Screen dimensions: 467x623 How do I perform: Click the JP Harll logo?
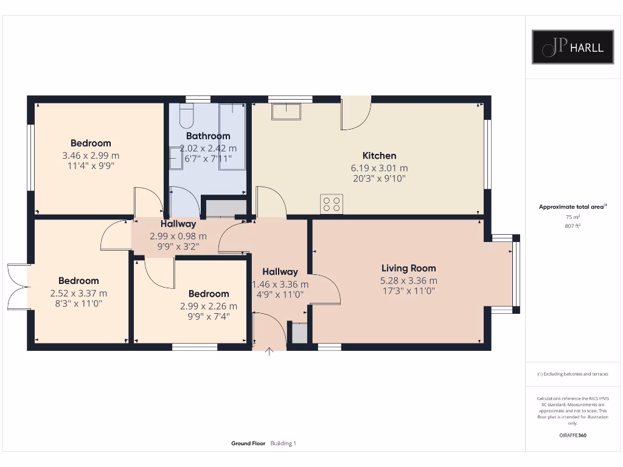point(573,47)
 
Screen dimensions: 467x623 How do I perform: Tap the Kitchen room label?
point(379,156)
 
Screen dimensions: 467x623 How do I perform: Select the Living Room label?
point(408,268)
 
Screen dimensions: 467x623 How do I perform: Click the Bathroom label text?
point(208,136)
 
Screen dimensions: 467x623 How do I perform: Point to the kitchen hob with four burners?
point(332,204)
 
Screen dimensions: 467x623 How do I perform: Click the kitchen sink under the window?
point(286,112)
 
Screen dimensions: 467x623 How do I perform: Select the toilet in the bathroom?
point(186,114)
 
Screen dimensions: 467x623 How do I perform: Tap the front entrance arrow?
point(270,352)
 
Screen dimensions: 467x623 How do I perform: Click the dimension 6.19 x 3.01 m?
point(379,168)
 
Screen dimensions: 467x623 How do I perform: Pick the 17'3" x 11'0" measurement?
point(408,291)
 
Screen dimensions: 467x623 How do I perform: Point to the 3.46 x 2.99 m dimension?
point(91,155)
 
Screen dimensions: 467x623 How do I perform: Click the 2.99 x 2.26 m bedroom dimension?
point(209,306)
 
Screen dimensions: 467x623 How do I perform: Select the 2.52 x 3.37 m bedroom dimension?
point(78,292)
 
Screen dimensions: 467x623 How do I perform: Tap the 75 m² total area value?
point(573,216)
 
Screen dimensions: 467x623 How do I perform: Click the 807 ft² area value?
point(573,226)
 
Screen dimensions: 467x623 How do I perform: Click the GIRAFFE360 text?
point(573,435)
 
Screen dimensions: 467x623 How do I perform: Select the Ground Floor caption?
point(248,443)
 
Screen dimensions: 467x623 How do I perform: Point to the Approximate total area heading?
point(572,207)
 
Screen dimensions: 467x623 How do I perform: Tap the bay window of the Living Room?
point(516,274)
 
